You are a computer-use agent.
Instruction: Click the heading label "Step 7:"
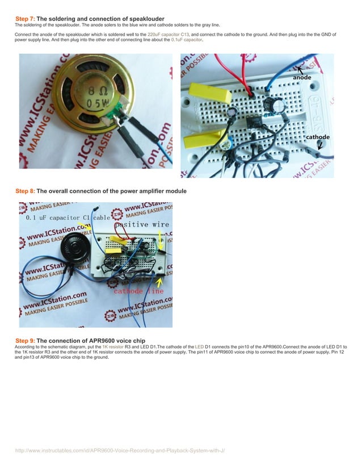(24, 19)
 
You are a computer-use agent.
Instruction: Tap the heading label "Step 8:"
(24, 191)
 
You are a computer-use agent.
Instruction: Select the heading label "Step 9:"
(24, 340)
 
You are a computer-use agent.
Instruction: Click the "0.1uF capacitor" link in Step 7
(187, 41)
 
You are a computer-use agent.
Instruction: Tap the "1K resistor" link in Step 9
(113, 346)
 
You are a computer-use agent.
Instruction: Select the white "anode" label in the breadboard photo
(302, 77)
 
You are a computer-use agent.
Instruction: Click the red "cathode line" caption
(138, 291)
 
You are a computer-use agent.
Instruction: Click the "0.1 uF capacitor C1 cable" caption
(69, 217)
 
